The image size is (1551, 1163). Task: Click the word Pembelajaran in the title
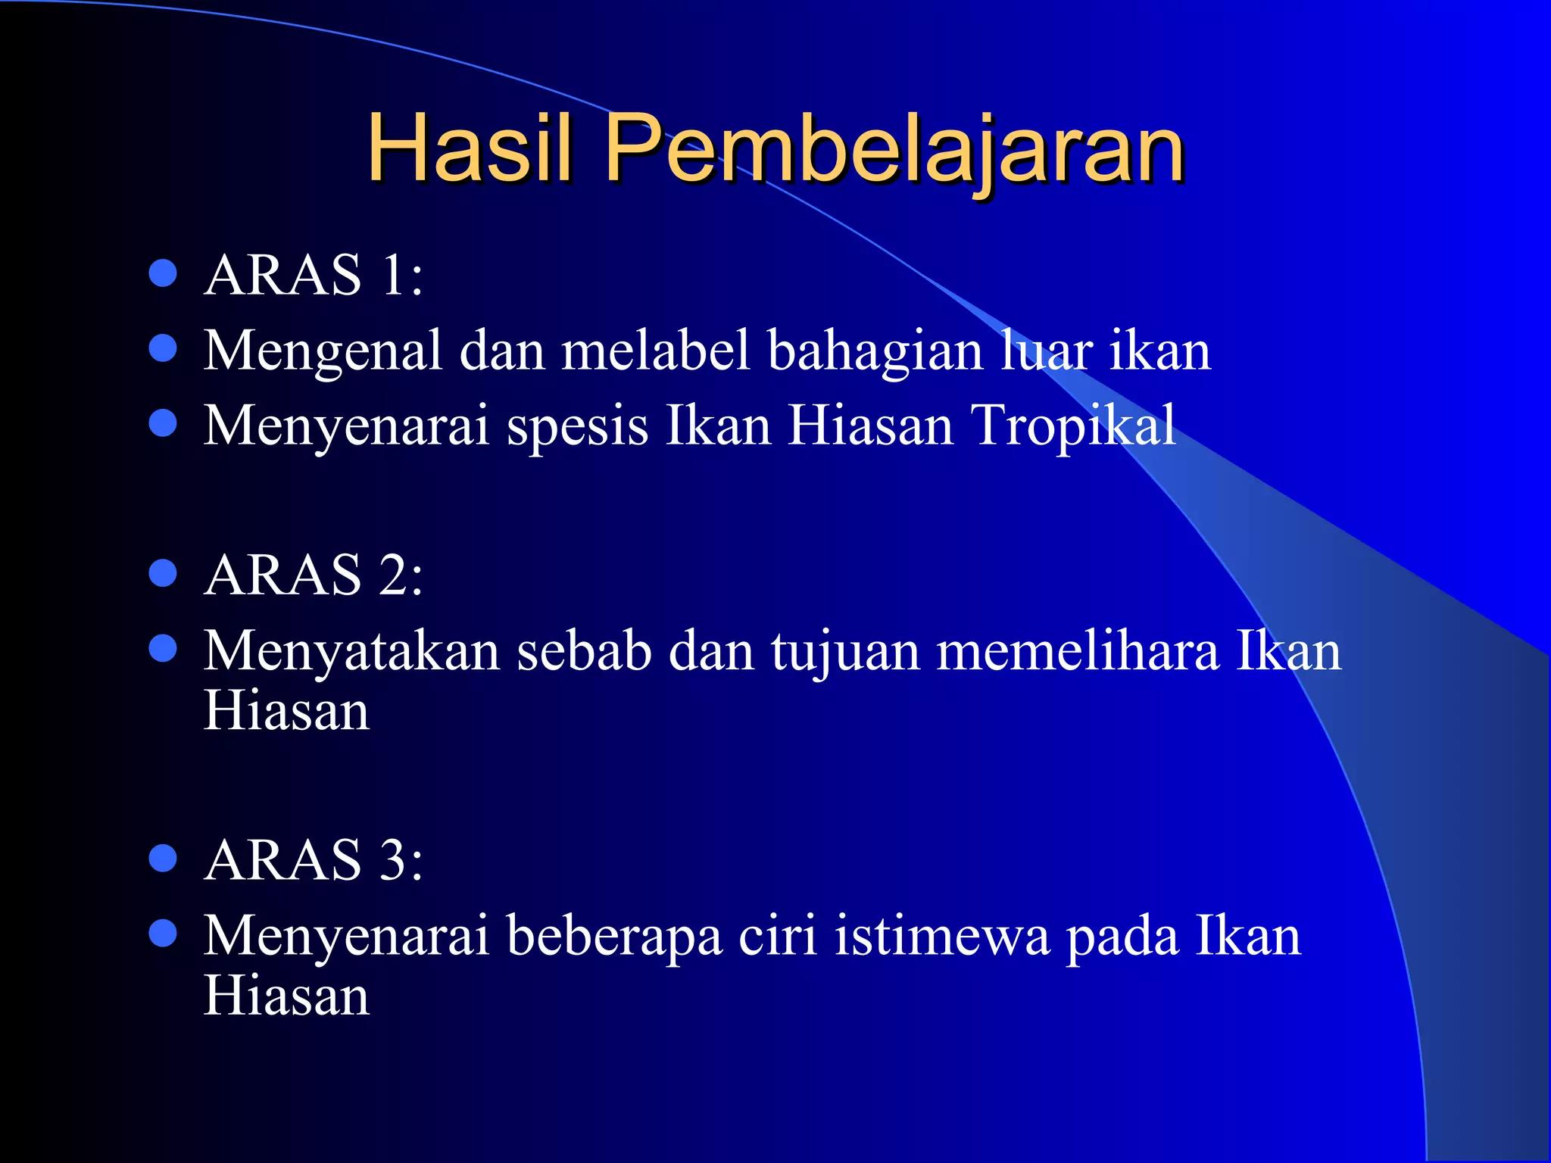click(894, 149)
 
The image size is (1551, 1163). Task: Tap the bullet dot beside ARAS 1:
click(163, 273)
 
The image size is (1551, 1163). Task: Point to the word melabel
click(656, 350)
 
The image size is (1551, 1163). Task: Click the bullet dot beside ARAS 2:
click(163, 573)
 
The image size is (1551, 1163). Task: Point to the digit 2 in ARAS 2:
click(394, 575)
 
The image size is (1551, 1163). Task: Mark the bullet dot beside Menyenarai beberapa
click(163, 934)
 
